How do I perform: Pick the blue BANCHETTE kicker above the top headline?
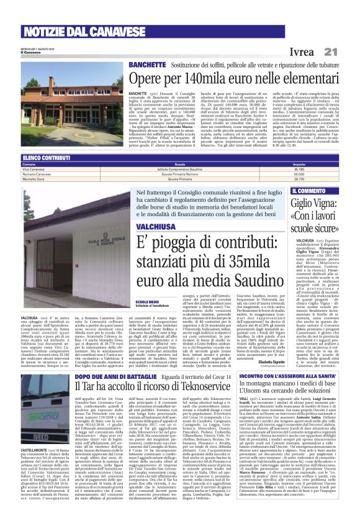tap(146, 65)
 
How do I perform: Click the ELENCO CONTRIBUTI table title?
tap(46, 158)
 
